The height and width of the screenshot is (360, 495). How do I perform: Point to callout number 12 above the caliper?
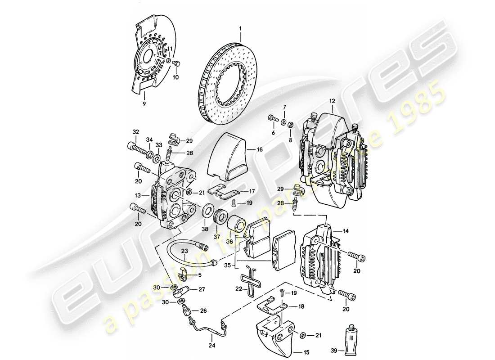pyautogui.click(x=332, y=102)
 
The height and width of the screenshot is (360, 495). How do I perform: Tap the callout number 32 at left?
pyautogui.click(x=135, y=132)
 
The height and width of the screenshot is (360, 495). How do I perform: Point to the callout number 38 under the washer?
pyautogui.click(x=205, y=229)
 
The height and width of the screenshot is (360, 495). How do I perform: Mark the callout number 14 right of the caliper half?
pyautogui.click(x=345, y=231)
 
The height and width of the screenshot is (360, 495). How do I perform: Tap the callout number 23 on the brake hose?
pyautogui.click(x=184, y=251)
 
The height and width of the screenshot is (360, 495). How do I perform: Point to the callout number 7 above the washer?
pyautogui.click(x=284, y=107)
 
